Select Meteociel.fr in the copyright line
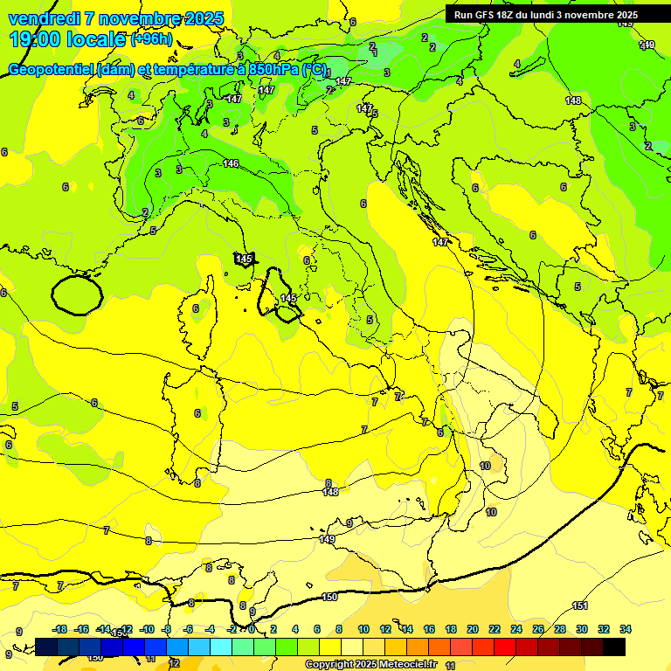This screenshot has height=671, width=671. click(x=406, y=665)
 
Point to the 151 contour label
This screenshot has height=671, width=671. click(x=579, y=605)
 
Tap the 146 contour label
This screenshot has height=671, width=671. click(x=231, y=163)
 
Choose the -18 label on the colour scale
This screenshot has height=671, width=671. click(x=59, y=629)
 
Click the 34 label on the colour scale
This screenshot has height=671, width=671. click(x=626, y=629)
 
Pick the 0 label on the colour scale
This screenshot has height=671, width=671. click(x=252, y=629)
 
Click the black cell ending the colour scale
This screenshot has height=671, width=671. click(x=614, y=647)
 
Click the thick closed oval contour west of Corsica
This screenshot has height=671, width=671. click(x=76, y=294)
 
